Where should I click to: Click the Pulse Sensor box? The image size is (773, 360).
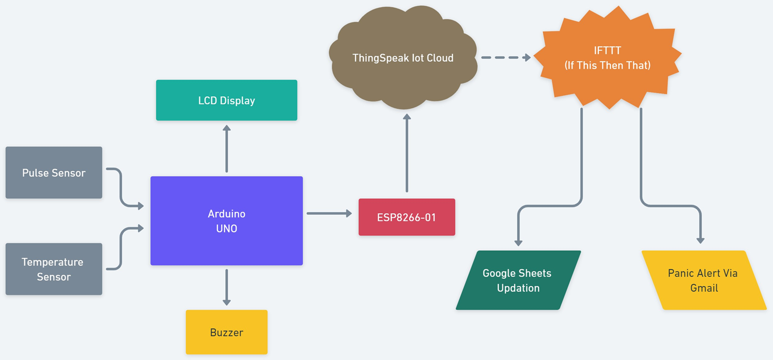(x=54, y=173)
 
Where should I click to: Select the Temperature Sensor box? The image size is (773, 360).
(x=54, y=269)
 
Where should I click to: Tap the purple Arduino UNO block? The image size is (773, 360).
(x=226, y=221)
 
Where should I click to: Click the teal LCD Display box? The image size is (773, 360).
(x=226, y=100)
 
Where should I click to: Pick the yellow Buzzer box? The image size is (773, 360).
(x=226, y=332)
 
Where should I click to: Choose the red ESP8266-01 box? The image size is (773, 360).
(x=407, y=217)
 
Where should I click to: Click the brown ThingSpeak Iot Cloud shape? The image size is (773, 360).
(x=402, y=58)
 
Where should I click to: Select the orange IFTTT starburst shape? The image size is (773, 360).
(x=607, y=58)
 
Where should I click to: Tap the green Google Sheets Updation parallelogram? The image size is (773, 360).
(x=518, y=281)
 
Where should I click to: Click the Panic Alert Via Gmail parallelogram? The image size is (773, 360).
(x=703, y=281)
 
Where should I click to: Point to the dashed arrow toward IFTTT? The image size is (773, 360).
(x=505, y=58)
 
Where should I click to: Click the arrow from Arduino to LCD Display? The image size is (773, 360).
(x=226, y=149)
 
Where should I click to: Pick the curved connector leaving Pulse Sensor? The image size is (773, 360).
(x=121, y=188)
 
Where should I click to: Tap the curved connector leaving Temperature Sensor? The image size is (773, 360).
(x=121, y=247)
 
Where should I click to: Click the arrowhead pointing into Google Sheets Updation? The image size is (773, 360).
(x=518, y=243)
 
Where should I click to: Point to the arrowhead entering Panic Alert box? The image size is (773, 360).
(x=700, y=239)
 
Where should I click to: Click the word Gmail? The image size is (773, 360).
(x=704, y=288)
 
